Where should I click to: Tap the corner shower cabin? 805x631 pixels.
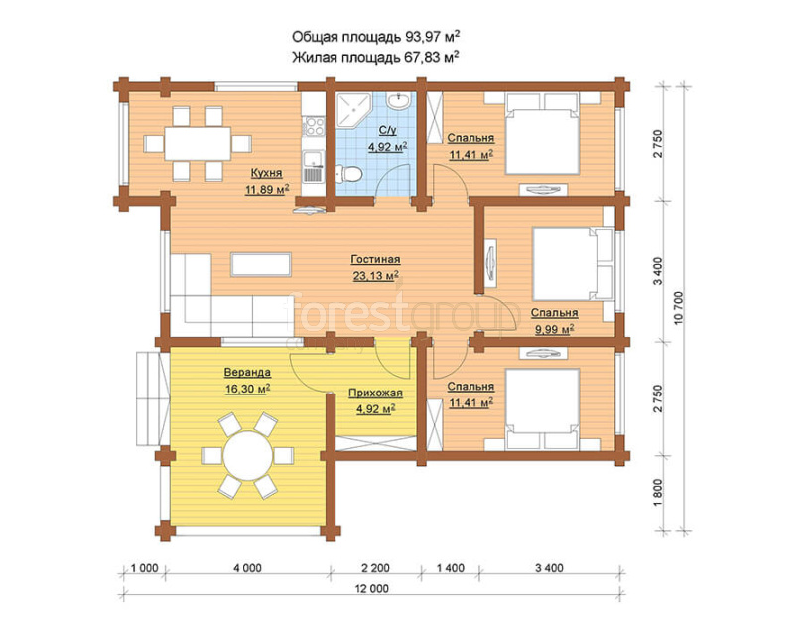tap(352, 109)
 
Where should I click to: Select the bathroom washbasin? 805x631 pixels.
tap(398, 100)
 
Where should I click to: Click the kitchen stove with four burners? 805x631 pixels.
tap(314, 126)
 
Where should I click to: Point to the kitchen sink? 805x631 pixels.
tap(313, 167)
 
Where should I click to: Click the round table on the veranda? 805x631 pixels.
tap(248, 455)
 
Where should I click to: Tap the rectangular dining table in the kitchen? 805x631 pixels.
tap(198, 143)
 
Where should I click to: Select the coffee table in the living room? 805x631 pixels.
tap(261, 264)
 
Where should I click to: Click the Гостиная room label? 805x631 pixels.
tap(375, 260)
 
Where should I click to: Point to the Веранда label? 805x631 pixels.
tap(247, 372)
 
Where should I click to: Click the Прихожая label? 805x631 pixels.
tap(375, 394)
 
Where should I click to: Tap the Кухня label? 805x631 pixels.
tap(266, 173)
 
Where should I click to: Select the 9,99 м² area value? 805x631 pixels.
tap(554, 329)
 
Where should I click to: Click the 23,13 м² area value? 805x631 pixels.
tap(376, 276)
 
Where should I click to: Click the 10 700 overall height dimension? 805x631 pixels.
tap(679, 308)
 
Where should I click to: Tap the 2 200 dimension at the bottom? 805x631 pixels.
tap(375, 568)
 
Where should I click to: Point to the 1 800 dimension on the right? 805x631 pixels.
tap(659, 492)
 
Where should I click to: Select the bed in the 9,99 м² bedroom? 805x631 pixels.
tap(574, 263)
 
